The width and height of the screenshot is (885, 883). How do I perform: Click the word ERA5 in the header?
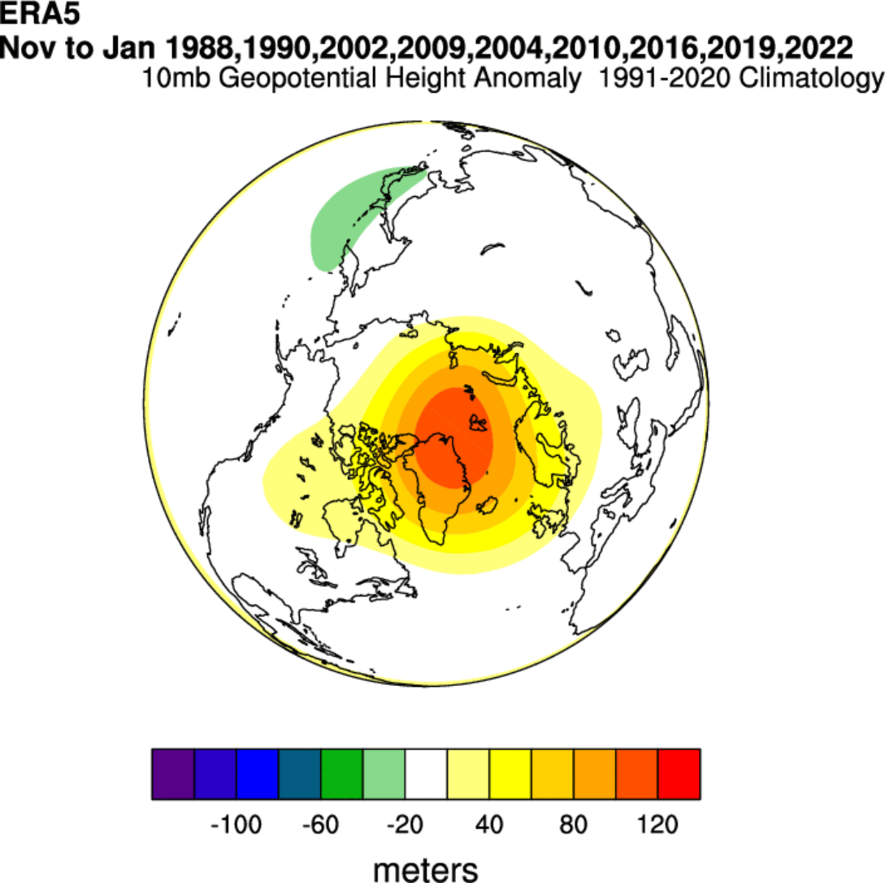point(40,14)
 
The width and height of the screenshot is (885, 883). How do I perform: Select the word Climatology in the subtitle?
point(812,77)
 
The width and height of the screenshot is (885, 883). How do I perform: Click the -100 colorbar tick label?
point(236,825)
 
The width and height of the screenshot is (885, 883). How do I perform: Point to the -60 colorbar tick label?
point(321,825)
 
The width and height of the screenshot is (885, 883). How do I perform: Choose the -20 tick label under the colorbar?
point(404,825)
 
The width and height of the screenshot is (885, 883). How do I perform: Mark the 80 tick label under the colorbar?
point(573,825)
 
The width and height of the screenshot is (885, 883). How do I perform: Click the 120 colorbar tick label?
point(658,825)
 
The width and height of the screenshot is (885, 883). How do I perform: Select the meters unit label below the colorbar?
point(425,870)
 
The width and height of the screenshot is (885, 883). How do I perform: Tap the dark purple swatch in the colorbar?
point(173,773)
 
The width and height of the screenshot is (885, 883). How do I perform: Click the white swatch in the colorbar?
point(426,773)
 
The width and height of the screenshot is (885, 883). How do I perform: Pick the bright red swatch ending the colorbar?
point(679,773)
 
